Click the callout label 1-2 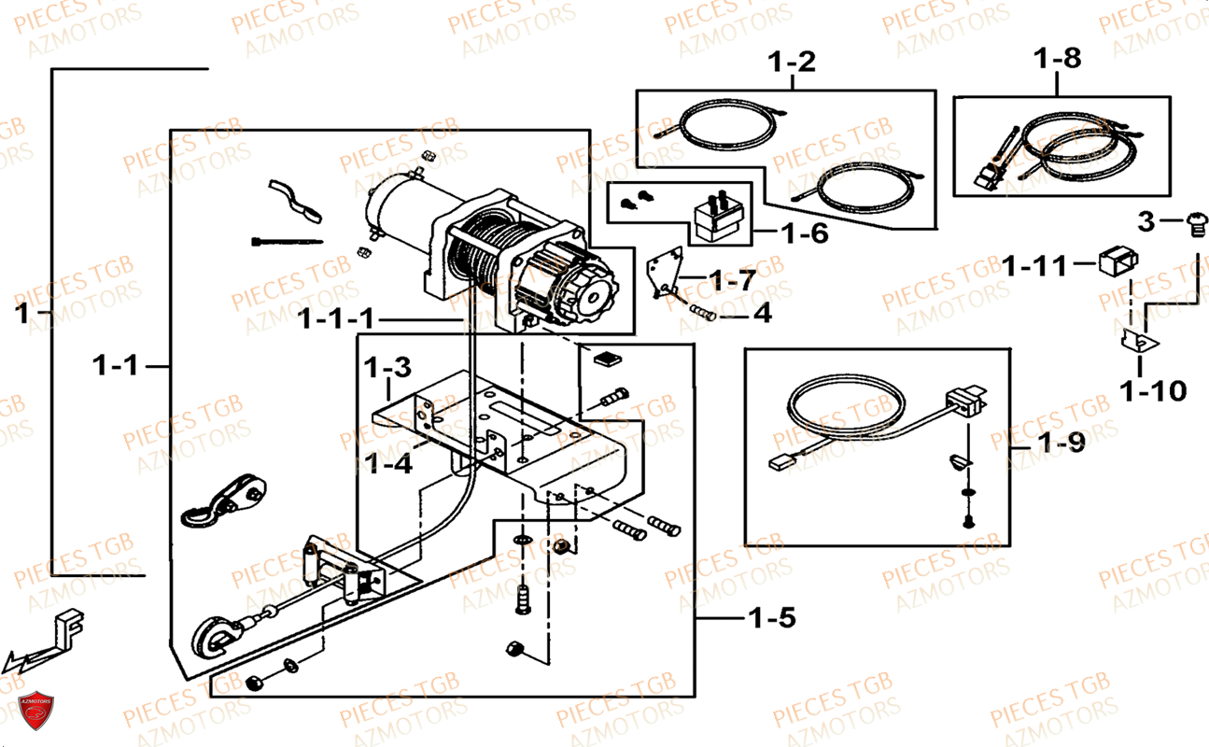click(x=792, y=63)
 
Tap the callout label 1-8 click(x=1057, y=58)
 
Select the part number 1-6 click(x=804, y=233)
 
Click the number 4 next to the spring click(x=762, y=314)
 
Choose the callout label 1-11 click(x=1033, y=266)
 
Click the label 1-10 click(x=1154, y=390)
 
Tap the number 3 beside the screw click(x=1146, y=221)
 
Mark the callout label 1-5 click(x=770, y=617)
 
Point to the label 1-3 click(x=387, y=366)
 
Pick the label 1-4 click(x=388, y=462)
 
